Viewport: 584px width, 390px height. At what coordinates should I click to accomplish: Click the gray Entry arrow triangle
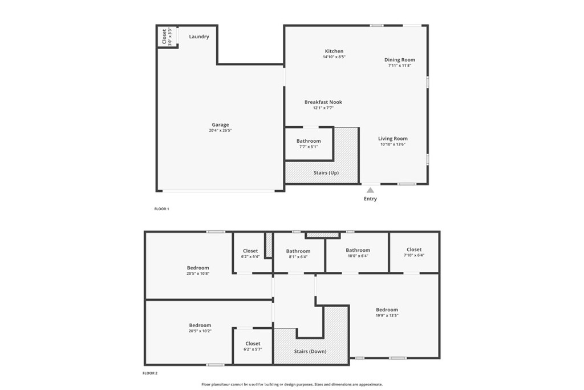coord(370,190)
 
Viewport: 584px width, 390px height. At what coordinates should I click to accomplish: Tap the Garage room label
coord(220,125)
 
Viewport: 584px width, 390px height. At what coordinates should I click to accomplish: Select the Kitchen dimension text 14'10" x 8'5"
coord(334,57)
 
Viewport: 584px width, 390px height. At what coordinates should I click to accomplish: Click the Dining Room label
coord(400,59)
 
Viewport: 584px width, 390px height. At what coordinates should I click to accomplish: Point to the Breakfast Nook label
coord(323,102)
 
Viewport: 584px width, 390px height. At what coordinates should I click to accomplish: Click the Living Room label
coord(393,138)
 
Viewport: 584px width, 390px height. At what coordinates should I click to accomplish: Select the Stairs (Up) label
coord(326,172)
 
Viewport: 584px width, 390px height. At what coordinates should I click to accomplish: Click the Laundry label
coord(199,37)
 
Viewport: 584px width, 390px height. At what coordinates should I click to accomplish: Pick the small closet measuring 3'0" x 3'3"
coord(167,37)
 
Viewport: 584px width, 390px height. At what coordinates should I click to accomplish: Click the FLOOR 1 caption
coord(161,209)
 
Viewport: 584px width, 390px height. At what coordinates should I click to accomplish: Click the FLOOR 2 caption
coord(150,373)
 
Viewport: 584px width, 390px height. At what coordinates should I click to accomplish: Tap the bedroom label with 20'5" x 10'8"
coord(198,268)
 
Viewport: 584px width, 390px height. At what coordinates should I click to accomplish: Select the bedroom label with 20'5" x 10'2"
coord(200,325)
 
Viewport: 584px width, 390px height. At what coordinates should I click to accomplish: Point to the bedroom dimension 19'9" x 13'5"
coord(387,315)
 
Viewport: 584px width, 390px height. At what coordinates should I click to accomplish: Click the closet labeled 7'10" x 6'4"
coord(414,252)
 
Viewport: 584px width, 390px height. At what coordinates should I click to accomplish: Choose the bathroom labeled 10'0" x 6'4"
coord(358,253)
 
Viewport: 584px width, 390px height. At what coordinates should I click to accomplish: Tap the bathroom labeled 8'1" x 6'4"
coord(298,254)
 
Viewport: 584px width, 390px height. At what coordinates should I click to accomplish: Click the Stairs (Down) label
coord(310,351)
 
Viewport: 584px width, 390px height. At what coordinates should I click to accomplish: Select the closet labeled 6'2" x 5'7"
coord(253,346)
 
